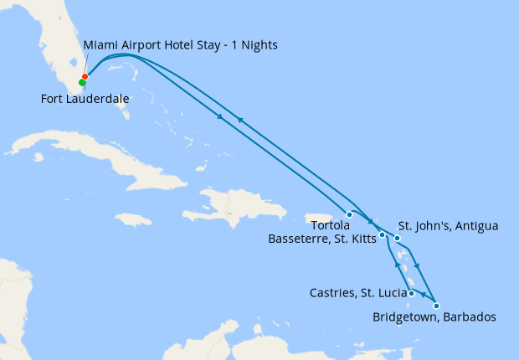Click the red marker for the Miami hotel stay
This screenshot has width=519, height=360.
tap(85, 77)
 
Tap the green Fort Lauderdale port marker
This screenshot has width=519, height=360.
tap(82, 82)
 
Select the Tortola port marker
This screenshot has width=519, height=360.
tap(349, 214)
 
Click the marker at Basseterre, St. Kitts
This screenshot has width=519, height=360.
tap(382, 234)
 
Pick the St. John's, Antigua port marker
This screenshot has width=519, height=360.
tap(398, 239)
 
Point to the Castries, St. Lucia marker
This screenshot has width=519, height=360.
tap(412, 293)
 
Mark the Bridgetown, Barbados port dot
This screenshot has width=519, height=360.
tap(436, 306)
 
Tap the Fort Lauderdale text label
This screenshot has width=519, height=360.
tap(85, 99)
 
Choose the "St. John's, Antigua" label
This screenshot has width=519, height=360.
tap(448, 225)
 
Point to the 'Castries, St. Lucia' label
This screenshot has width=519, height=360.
tap(357, 293)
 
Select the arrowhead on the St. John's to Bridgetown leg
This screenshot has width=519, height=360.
tap(417, 267)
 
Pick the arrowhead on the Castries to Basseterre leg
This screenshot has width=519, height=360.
tap(397, 265)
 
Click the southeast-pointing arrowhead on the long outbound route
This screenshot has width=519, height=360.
tap(221, 116)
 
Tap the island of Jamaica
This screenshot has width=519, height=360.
tap(134, 219)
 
